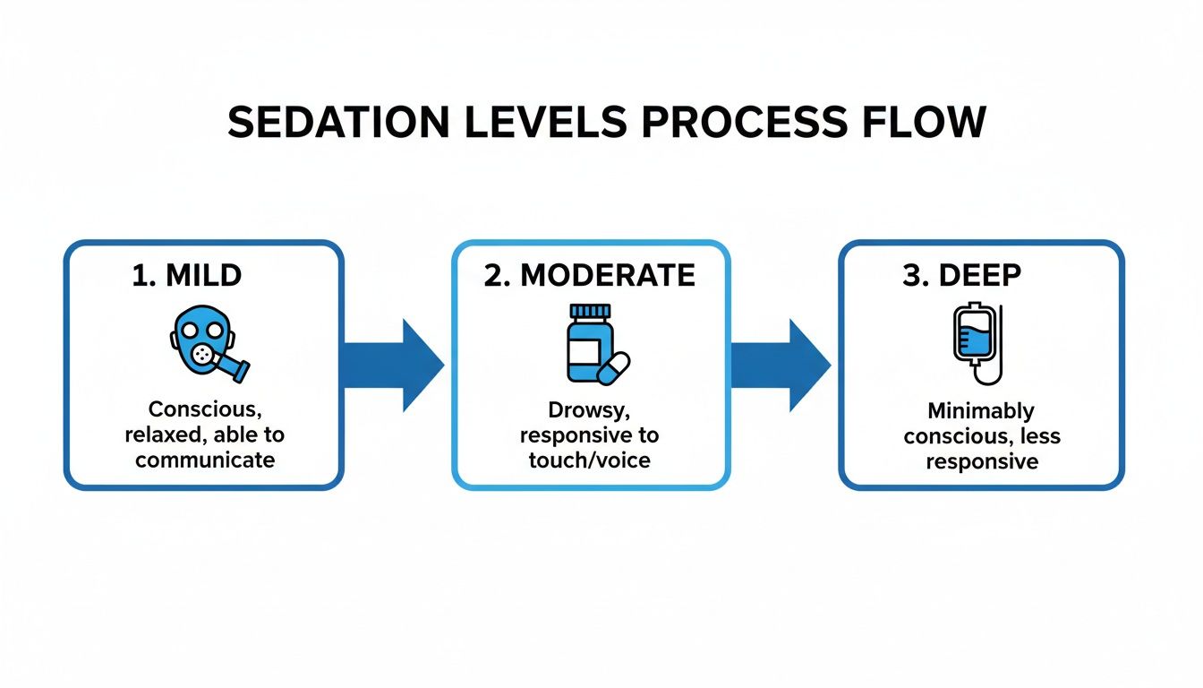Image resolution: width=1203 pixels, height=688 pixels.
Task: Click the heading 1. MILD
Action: [187, 275]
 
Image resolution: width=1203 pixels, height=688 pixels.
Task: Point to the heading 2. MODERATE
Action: [590, 275]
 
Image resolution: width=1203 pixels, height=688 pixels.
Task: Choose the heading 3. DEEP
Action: [961, 275]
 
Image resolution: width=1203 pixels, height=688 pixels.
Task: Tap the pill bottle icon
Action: [590, 342]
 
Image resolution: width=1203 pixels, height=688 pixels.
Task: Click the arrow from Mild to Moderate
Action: [394, 365]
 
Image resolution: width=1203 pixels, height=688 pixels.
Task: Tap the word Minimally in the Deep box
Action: [981, 411]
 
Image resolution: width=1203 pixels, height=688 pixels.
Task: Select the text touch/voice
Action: [589, 460]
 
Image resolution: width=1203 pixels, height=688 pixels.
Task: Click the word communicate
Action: [205, 460]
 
